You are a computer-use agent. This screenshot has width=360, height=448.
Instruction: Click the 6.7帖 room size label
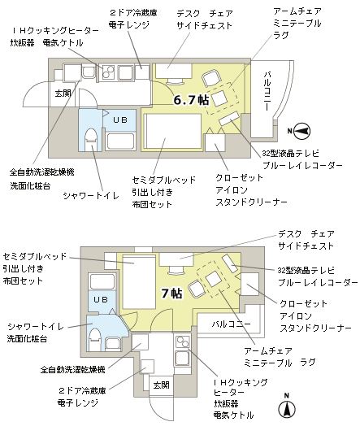point(191,100)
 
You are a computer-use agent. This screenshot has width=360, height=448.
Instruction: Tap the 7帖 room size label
point(171,293)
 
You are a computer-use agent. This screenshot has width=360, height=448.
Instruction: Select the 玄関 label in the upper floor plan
point(63,93)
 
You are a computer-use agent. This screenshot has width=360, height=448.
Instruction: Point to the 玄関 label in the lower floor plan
point(161,385)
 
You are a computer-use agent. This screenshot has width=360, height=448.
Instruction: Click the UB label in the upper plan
point(120,120)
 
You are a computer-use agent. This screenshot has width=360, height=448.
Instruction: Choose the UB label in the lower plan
point(101,299)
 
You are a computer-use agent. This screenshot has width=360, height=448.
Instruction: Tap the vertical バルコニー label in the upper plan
point(267,91)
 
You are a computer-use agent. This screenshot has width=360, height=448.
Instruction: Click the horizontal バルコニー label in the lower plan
point(232,324)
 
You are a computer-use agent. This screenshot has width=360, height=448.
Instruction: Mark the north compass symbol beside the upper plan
point(301,131)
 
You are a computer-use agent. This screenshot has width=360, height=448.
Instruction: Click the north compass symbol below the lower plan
point(287,406)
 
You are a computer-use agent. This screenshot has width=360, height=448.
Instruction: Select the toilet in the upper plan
point(91,139)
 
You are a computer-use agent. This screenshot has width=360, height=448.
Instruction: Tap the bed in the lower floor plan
point(139,281)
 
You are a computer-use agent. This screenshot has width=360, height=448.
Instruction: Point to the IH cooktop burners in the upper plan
point(107,72)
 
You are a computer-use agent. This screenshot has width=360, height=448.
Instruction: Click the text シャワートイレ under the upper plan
point(90,196)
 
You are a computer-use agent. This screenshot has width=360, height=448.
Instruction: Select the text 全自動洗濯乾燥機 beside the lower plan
point(73,369)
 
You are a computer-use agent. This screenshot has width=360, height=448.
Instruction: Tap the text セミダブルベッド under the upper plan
point(163,180)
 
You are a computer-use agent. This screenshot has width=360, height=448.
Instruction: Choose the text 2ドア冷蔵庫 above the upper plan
point(133,13)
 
